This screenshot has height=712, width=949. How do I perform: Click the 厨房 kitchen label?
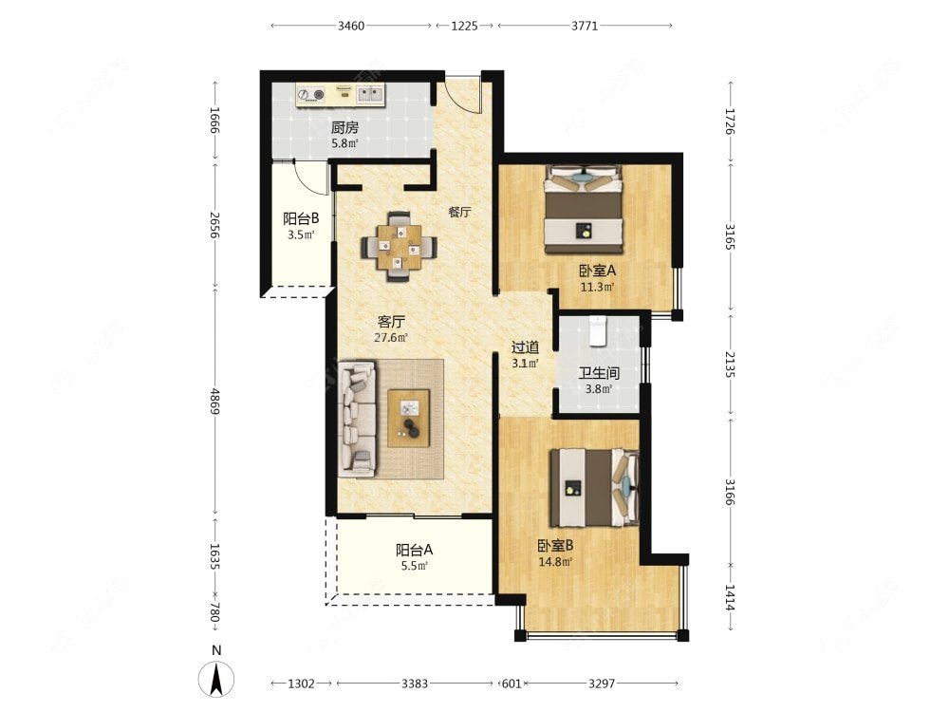pyautogui.click(x=344, y=127)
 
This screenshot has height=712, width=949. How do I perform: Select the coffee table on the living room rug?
pyautogui.click(x=408, y=418)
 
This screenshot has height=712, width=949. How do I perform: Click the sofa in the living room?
pyautogui.click(x=358, y=418)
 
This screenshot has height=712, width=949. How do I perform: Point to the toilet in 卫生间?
pyautogui.click(x=597, y=330)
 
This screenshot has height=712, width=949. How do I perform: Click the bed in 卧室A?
pyautogui.click(x=584, y=209)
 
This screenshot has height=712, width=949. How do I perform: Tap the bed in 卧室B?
pyautogui.click(x=594, y=487)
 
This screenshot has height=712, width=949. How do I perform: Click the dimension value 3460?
pyautogui.click(x=351, y=26)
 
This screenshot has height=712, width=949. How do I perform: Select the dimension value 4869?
pyautogui.click(x=214, y=401)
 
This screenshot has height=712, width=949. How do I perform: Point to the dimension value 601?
pyautogui.click(x=512, y=684)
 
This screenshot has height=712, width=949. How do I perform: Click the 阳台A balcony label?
pyautogui.click(x=414, y=550)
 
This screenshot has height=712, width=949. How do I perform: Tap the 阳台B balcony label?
pyautogui.click(x=301, y=218)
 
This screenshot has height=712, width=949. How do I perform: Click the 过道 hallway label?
pyautogui.click(x=525, y=347)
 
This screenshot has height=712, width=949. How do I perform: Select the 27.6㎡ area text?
pyautogui.click(x=390, y=337)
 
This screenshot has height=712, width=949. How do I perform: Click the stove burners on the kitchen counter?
pyautogui.click(x=310, y=95)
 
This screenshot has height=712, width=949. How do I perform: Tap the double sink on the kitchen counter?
pyautogui.click(x=369, y=93)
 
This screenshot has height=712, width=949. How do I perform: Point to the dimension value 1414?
pyautogui.click(x=730, y=597)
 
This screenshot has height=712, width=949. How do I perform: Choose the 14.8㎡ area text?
pyautogui.click(x=555, y=561)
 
